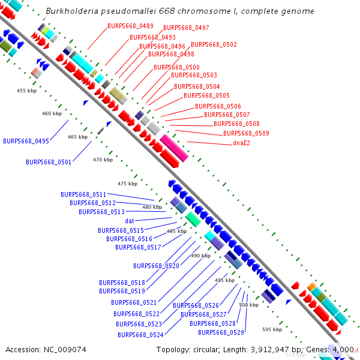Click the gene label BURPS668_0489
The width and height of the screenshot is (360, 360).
point(130,26)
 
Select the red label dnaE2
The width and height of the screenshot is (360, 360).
point(241,143)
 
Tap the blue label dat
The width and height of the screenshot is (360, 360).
point(130,221)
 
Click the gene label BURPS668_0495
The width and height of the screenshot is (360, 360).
point(26,141)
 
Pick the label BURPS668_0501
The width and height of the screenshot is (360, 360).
point(49,162)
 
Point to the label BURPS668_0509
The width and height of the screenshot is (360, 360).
point(246,133)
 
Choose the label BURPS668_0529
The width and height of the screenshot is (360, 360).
point(221,332)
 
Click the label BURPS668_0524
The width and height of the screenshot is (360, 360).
point(140,335)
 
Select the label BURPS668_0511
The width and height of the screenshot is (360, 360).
point(83,194)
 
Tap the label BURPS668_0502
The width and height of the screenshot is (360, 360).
point(214,44)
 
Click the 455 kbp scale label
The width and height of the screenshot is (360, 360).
point(26,91)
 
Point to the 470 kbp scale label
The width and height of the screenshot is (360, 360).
point(103,160)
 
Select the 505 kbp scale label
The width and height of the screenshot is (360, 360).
point(272,329)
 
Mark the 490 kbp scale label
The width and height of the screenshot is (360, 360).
point(201,256)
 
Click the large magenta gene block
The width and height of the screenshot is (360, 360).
point(174,148)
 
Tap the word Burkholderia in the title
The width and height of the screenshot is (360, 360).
point(74,11)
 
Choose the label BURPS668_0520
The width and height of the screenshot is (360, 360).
point(156,266)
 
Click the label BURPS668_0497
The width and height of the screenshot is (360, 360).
point(186,28)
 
